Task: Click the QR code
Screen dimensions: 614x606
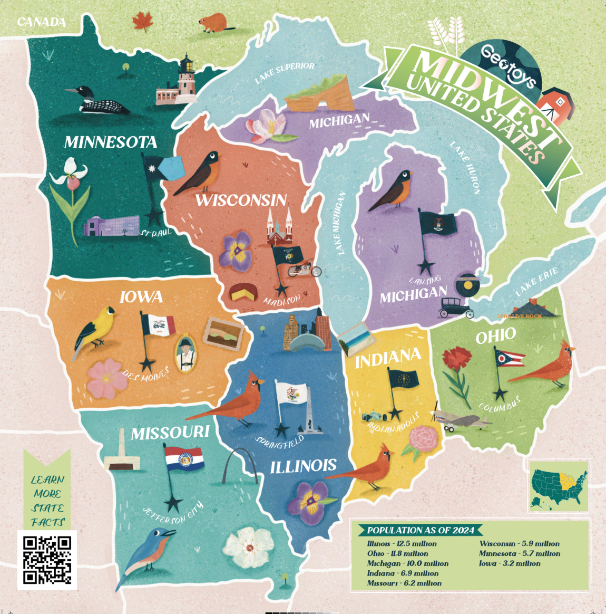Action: (47, 560)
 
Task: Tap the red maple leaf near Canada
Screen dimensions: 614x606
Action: (142, 22)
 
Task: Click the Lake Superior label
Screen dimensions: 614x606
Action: (285, 73)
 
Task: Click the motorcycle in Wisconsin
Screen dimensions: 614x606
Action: (304, 268)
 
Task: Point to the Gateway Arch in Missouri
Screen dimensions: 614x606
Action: (240, 466)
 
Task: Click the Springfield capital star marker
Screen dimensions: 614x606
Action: (283, 428)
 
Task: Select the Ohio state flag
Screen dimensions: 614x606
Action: (510, 358)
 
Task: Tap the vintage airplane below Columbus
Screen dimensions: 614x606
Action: (461, 420)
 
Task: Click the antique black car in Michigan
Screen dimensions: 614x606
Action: (456, 308)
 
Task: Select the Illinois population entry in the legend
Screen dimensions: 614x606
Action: (402, 543)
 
